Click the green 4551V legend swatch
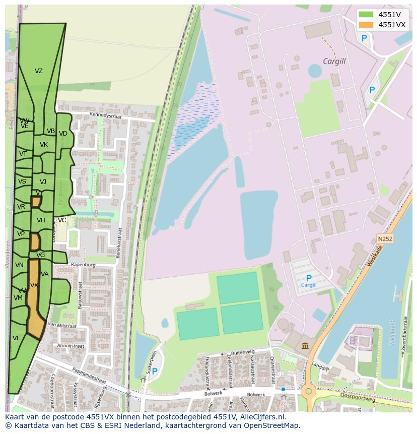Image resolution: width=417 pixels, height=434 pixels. tap(366, 15)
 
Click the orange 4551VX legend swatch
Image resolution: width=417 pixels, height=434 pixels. tap(366, 25)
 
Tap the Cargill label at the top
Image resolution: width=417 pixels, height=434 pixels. tap(334, 61)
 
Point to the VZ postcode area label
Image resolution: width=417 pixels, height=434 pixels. tap(39, 71)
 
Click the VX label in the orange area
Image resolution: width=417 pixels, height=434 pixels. tap(34, 285)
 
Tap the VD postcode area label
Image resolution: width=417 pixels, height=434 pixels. tap(63, 134)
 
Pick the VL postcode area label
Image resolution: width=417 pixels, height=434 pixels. tap(16, 338)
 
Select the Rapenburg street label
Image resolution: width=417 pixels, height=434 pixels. tap(84, 264)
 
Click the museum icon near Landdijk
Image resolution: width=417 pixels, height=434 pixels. tap(306, 345)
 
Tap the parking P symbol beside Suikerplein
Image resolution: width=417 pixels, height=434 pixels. tap(155, 371)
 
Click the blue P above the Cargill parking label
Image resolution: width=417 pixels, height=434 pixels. tap(309, 278)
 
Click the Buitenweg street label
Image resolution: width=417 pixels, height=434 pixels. tap(243, 353)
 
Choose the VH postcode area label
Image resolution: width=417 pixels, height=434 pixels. tap(41, 220)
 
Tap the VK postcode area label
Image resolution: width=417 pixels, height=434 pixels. tap(44, 145)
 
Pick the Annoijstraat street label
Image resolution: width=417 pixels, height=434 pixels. tap(71, 346)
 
